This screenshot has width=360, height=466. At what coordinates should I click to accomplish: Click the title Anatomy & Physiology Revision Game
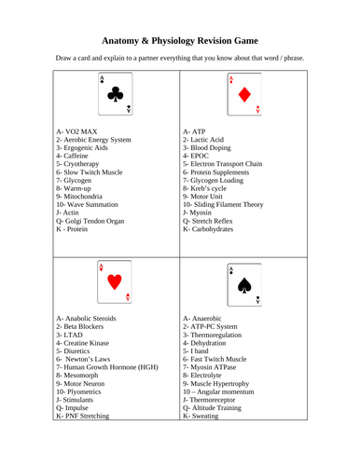click(179, 40)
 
